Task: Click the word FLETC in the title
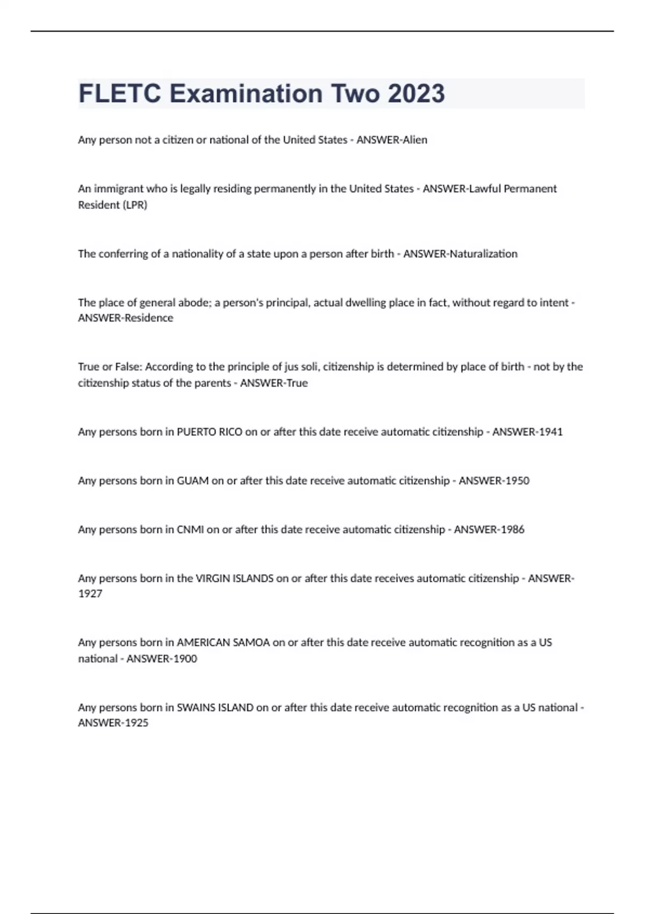pyautogui.click(x=119, y=94)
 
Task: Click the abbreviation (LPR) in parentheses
pyautogui.click(x=134, y=205)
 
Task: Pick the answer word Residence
pyautogui.click(x=149, y=318)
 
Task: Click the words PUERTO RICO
pyautogui.click(x=210, y=432)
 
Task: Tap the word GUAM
pyautogui.click(x=192, y=481)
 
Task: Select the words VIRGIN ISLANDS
pyautogui.click(x=234, y=579)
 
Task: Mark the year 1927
pyautogui.click(x=90, y=594)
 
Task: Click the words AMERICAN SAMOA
pyautogui.click(x=223, y=642)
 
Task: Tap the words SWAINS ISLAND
pyautogui.click(x=215, y=708)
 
